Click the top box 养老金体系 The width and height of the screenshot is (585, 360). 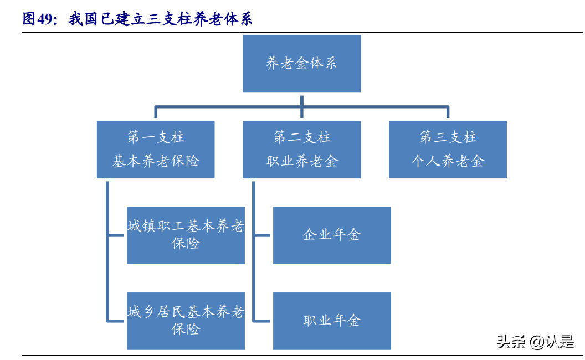[301, 64]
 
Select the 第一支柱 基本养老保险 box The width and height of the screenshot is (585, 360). [156, 150]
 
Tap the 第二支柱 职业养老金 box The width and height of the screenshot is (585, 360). [301, 150]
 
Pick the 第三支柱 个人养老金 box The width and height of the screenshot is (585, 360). [448, 150]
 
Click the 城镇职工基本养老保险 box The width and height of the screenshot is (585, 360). [186, 235]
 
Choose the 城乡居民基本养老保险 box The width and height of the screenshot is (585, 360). [186, 321]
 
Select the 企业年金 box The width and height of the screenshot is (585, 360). [332, 235]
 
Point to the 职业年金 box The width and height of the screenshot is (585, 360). [332, 321]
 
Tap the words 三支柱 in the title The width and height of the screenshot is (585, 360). [167, 19]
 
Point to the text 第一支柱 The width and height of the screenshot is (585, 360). [156, 137]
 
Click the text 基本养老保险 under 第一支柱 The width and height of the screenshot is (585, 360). [156, 162]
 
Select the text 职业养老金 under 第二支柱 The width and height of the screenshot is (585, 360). [301, 162]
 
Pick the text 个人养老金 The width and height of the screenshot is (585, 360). [448, 162]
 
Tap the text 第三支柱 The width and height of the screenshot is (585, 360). [448, 137]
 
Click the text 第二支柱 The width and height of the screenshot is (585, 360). [301, 137]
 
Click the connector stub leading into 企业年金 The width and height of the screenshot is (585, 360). [263, 235]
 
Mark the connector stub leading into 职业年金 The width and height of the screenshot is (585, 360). [263, 321]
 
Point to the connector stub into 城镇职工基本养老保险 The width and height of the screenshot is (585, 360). [117, 235]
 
